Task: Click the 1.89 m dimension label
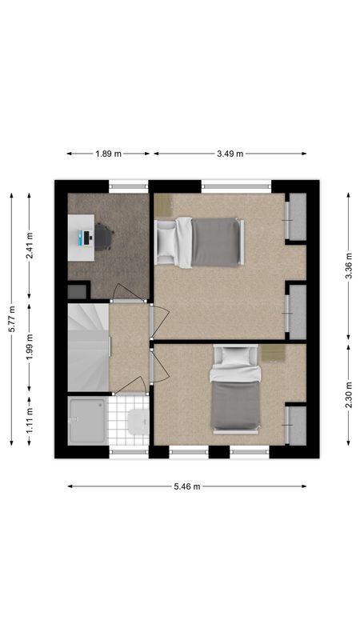108,154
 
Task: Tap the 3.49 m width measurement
230,154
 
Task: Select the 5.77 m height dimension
11,318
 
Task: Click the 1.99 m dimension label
30,350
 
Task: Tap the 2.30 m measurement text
348,394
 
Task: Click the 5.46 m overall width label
187,486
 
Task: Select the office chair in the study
103,237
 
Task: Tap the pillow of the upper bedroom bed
166,242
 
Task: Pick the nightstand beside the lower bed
271,353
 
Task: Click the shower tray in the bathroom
86,421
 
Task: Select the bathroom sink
138,420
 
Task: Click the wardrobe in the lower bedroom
297,425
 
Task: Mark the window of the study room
128,186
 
